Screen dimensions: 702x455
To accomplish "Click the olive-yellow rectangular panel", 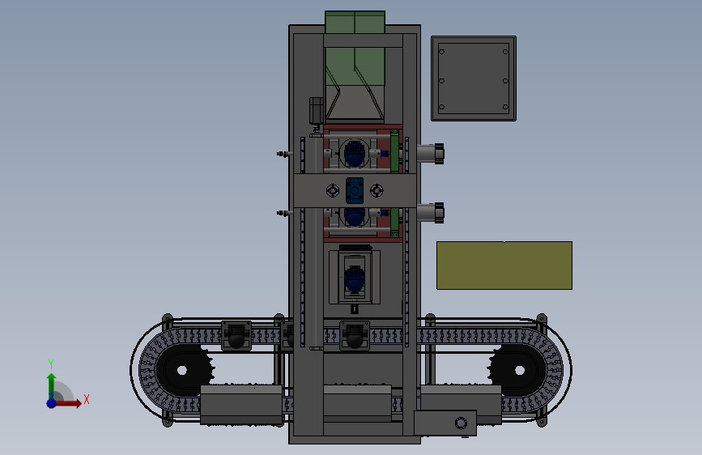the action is tap(504, 266).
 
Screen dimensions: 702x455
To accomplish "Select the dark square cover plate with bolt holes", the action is tap(474, 79).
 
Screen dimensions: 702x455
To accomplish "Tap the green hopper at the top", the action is tap(355, 66).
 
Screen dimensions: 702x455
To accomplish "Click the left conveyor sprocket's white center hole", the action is tap(181, 370).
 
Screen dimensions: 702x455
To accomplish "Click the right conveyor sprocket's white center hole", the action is tap(520, 370).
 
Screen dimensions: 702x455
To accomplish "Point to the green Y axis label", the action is tap(51, 364).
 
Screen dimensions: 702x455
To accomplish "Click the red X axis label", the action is tap(87, 399).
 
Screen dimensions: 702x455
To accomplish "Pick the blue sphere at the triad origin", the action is tap(52, 403).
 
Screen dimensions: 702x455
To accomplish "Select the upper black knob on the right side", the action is tap(439, 154).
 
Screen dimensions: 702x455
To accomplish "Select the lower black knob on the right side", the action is tap(439, 213).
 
